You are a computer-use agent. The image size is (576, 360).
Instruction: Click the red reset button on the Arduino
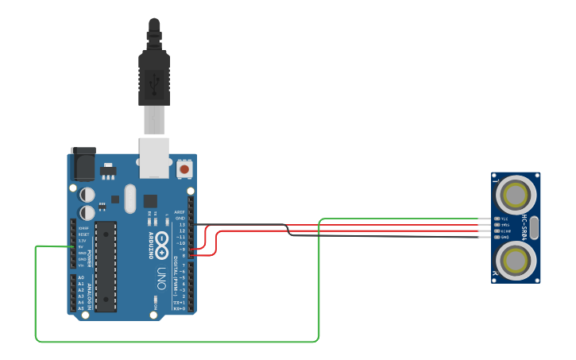tap(184, 168)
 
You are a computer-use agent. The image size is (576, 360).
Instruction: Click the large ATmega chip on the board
tap(106, 265)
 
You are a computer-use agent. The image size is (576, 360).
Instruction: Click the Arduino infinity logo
tap(161, 242)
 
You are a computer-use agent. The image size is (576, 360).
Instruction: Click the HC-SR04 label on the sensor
tap(525, 226)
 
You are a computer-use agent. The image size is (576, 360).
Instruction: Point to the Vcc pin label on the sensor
tap(504, 218)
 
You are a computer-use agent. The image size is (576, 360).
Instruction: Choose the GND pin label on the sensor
tap(504, 237)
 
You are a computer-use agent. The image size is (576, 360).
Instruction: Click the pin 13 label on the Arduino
tap(182, 225)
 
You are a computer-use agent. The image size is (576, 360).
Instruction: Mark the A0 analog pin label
tap(81, 278)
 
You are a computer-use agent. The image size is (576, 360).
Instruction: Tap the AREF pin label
tap(180, 212)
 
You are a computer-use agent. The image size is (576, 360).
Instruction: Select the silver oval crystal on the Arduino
tap(130, 198)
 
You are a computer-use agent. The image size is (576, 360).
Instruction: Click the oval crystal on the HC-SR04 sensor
tap(534, 226)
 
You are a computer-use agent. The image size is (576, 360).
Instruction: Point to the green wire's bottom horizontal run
tap(175, 342)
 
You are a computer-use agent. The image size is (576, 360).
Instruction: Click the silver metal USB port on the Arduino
tap(154, 157)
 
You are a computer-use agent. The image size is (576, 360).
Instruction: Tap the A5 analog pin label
tap(81, 308)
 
